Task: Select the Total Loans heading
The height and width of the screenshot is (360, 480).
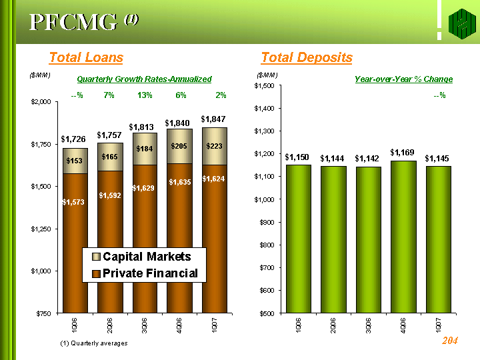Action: pyautogui.click(x=86, y=58)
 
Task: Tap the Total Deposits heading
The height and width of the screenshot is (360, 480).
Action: pyautogui.click(x=307, y=58)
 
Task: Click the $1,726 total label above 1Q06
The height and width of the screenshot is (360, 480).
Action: pyautogui.click(x=73, y=139)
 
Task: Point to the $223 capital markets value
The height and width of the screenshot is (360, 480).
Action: pyautogui.click(x=215, y=146)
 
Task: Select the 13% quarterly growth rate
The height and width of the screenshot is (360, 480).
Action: pyautogui.click(x=145, y=96)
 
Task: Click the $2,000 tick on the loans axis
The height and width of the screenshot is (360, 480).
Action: pyautogui.click(x=41, y=102)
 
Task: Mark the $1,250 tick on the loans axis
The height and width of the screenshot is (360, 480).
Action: pyautogui.click(x=41, y=229)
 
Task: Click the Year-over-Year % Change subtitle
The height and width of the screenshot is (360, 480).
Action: pyautogui.click(x=403, y=79)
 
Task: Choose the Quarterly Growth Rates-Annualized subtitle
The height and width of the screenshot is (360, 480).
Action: pyautogui.click(x=144, y=79)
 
